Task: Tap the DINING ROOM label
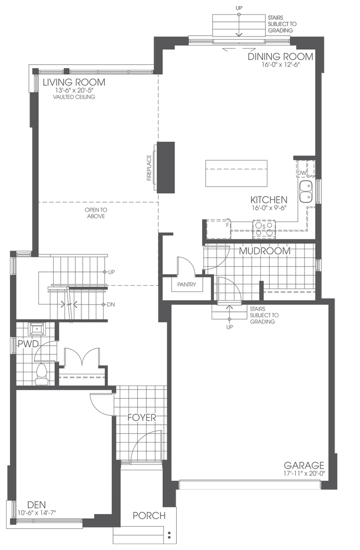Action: coord(280,56)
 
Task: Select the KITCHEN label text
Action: coord(269,200)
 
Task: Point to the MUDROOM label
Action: coord(264,251)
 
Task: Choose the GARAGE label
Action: coord(304,465)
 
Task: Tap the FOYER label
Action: coord(142,417)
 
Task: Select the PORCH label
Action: coord(149,516)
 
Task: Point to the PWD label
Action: coord(28,344)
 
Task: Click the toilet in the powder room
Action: coord(41,374)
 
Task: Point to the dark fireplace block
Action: coord(166,167)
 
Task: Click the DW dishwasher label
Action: coord(302,173)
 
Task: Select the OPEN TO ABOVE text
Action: coord(95,213)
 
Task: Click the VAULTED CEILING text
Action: coord(74,97)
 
